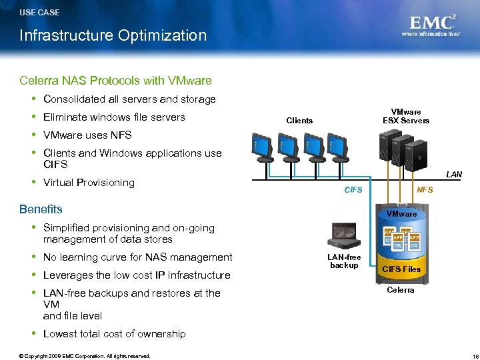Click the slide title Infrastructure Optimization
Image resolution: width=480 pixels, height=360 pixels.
tap(113, 35)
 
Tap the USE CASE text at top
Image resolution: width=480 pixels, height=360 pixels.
tap(39, 12)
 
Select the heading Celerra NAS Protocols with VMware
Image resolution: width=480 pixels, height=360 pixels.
tap(115, 81)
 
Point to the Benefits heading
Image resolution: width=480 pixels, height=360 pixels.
tap(41, 209)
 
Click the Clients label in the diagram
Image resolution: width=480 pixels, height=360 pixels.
tap(299, 121)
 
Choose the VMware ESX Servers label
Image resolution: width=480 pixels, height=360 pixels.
tap(405, 117)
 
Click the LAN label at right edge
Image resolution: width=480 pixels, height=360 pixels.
tap(453, 175)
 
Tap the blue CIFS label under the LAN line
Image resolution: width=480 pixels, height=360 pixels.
tap(353, 190)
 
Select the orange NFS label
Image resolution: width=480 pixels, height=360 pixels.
tap(425, 190)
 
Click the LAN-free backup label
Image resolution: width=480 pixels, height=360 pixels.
tap(344, 261)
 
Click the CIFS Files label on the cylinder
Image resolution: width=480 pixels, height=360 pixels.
tap(401, 269)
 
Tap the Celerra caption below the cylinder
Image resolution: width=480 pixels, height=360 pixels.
tap(401, 290)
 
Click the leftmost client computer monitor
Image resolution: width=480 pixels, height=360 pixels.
tap(261, 146)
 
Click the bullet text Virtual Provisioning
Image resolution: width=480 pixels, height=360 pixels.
tap(89, 183)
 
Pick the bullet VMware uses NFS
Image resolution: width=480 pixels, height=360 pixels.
tap(87, 135)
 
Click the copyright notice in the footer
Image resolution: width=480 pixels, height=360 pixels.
tap(85, 356)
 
